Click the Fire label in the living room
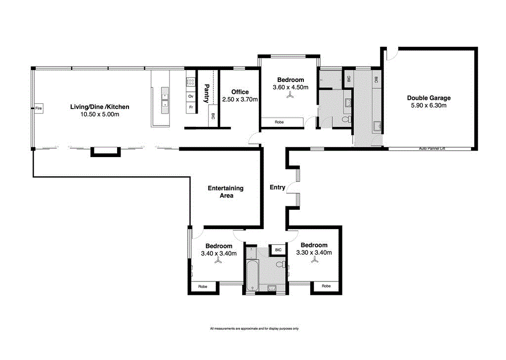pyautogui.click(x=39, y=108)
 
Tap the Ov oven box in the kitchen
pyautogui.click(x=191, y=96)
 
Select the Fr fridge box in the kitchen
pyautogui.click(x=191, y=107)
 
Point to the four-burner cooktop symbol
pyautogui.click(x=191, y=81)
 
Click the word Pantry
pyautogui.click(x=207, y=93)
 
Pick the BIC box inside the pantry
pyautogui.click(x=213, y=117)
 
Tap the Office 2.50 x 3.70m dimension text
pyautogui.click(x=240, y=99)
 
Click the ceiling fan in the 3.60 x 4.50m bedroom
pyautogui.click(x=290, y=97)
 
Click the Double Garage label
pyautogui.click(x=428, y=98)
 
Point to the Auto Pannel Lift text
pyautogui.click(x=432, y=148)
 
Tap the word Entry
pyautogui.click(x=277, y=187)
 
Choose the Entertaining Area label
pyautogui.click(x=225, y=192)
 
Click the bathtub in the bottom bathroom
pyautogui.click(x=252, y=275)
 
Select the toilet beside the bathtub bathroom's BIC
pyautogui.click(x=280, y=265)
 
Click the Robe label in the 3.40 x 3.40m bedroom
pyautogui.click(x=203, y=286)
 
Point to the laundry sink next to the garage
pyautogui.click(x=378, y=126)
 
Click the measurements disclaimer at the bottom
pyautogui.click(x=254, y=328)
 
